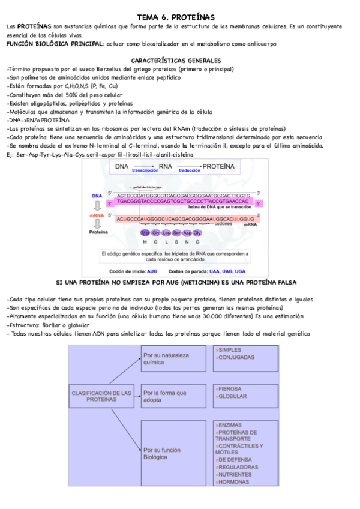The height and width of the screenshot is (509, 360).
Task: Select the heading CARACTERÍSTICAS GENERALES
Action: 176,61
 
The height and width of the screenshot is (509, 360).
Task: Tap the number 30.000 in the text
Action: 218,316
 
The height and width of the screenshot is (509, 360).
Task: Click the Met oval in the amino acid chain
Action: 145,232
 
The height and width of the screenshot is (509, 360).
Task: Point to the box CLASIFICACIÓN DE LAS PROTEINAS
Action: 101,396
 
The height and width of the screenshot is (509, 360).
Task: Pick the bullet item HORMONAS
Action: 233,482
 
